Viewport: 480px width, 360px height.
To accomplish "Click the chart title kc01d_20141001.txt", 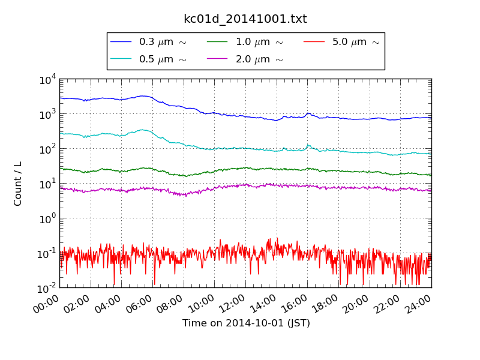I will pyautogui.click(x=245, y=19).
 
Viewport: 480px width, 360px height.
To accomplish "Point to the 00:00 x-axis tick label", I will pyautogui.click(x=47, y=303).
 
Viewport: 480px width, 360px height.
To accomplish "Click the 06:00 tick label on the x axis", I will pyautogui.click(x=140, y=303).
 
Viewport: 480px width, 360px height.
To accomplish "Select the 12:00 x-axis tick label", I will pyautogui.click(x=233, y=303).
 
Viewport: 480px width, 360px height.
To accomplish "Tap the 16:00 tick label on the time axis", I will pyautogui.click(x=295, y=303).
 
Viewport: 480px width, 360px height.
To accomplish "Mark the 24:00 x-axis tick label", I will pyautogui.click(x=419, y=303).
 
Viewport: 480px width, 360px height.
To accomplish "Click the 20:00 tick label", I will pyautogui.click(x=357, y=303).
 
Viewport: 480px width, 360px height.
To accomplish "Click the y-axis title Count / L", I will pyautogui.click(x=18, y=183).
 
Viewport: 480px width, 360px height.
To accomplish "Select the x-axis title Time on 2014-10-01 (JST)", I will pyautogui.click(x=246, y=323).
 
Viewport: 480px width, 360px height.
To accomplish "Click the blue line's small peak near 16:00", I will pyautogui.click(x=308, y=113).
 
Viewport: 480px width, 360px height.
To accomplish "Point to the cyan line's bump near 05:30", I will pyautogui.click(x=143, y=130).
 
